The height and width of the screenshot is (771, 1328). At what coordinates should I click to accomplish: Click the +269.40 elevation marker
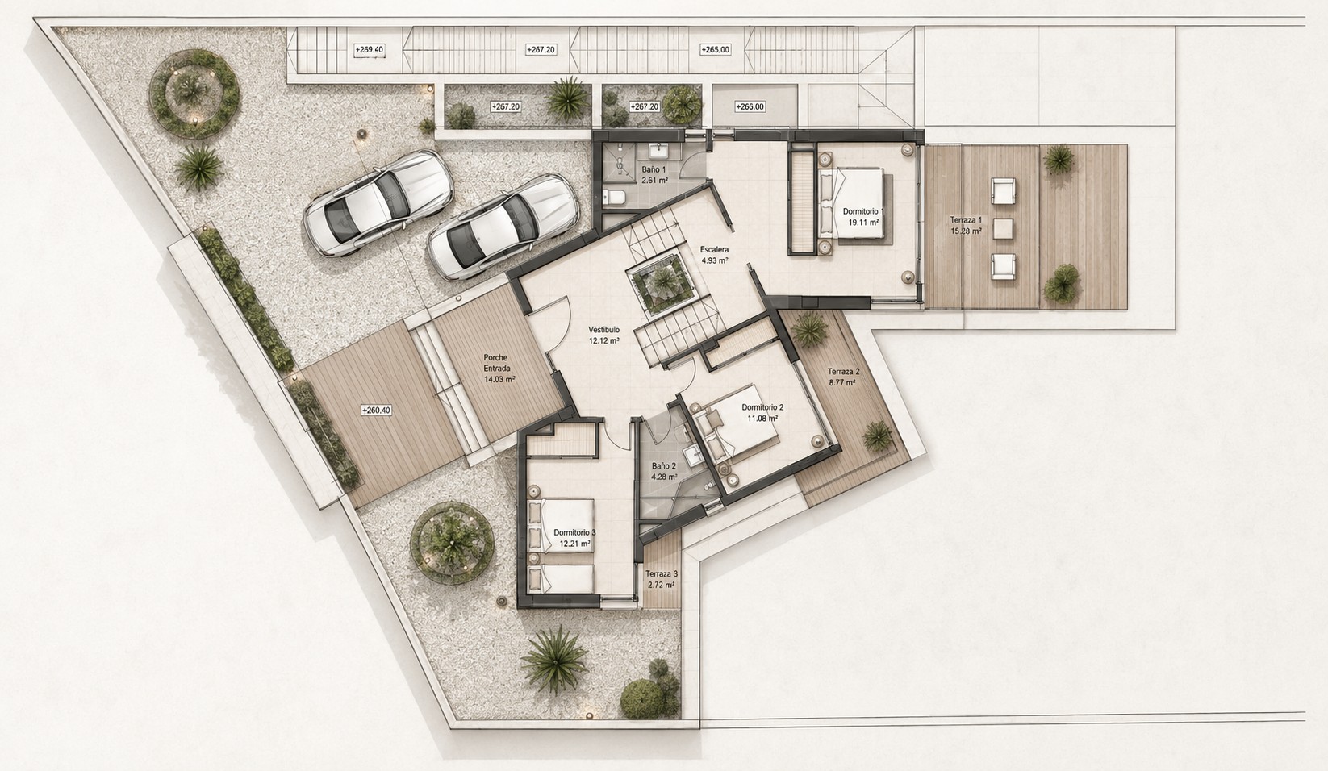point(370,50)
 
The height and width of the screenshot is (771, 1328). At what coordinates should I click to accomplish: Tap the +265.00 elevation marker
point(715,50)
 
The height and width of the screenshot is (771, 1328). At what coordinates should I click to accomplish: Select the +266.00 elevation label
point(750,107)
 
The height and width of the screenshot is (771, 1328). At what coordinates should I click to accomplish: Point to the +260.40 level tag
point(377,410)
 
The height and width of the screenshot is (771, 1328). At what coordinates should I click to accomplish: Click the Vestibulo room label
point(604,330)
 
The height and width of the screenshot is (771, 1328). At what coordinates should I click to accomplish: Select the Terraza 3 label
point(662,573)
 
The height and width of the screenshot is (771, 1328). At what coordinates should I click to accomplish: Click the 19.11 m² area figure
point(864,223)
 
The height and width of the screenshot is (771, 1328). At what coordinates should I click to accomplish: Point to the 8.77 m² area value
point(841,383)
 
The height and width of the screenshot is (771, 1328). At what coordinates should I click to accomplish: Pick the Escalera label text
point(714,249)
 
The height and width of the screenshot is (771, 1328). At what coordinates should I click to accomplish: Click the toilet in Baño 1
point(614,198)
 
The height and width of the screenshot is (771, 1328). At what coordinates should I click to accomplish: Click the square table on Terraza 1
point(1003,229)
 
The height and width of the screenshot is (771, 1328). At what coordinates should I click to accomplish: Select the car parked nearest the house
point(503,227)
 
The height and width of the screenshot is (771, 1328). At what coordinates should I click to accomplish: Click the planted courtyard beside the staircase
point(662,283)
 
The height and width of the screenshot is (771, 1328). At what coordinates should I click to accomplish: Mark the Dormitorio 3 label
point(574,532)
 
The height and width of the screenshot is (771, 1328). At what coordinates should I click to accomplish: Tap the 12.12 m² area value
point(604,341)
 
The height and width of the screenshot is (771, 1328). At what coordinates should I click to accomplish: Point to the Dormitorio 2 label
point(762,407)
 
